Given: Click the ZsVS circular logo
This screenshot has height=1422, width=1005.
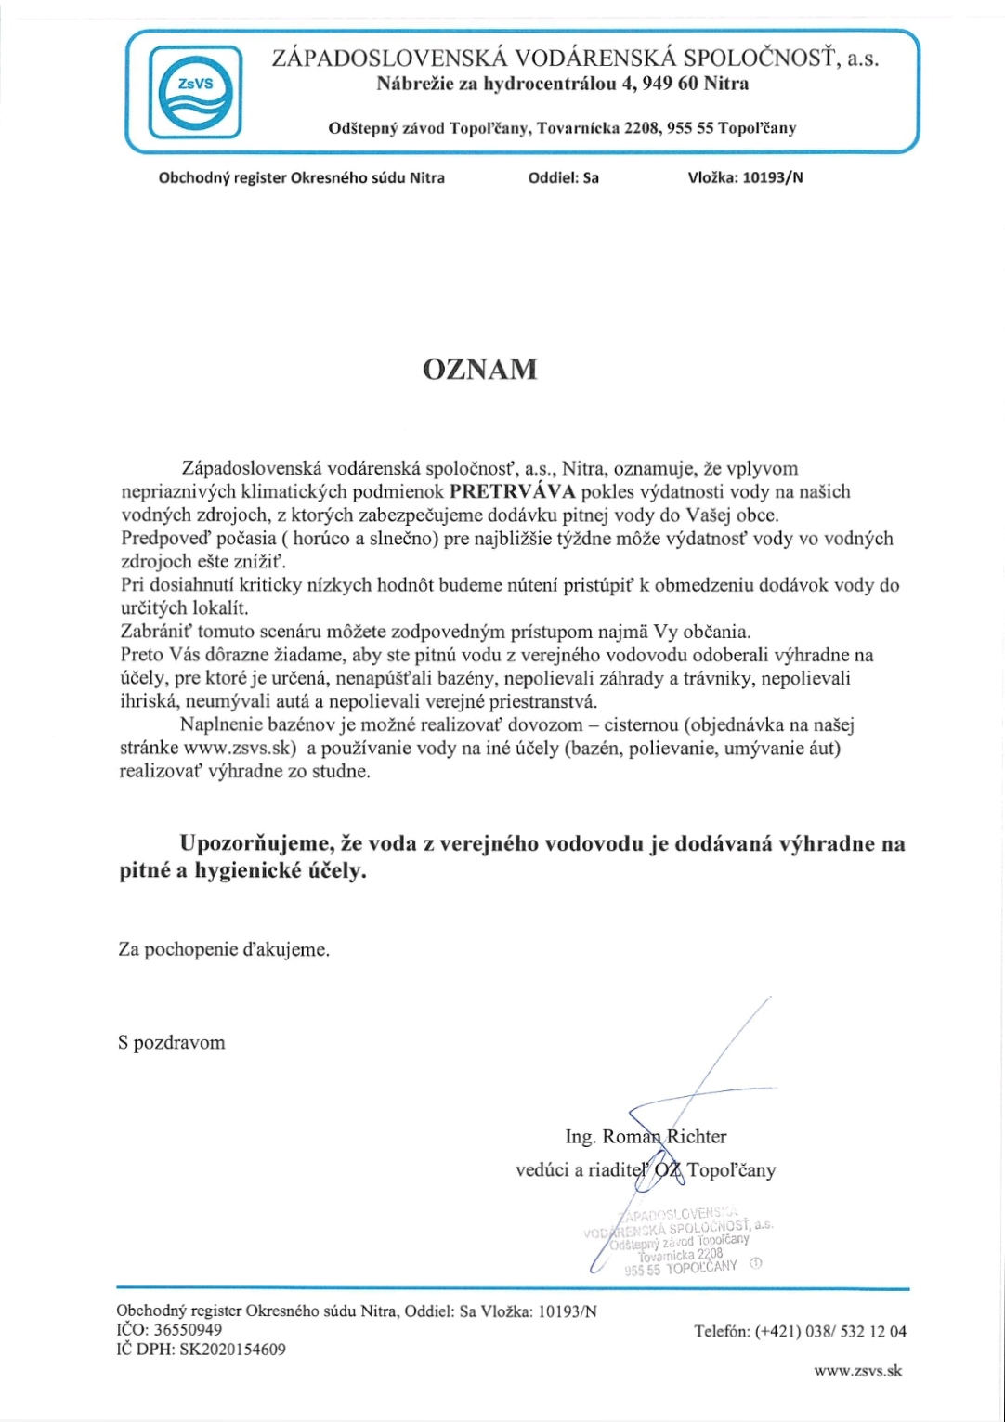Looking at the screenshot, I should [x=195, y=90].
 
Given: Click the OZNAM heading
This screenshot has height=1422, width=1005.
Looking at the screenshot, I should [x=479, y=369].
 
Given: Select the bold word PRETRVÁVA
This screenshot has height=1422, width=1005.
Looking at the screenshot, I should [x=511, y=491].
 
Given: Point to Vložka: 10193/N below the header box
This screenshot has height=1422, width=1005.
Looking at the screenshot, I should [x=745, y=177].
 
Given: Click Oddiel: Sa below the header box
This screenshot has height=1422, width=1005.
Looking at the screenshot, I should [x=563, y=177].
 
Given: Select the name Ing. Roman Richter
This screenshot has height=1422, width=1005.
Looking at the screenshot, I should [x=646, y=1136].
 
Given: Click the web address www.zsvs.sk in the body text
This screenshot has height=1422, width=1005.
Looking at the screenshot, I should [x=240, y=749].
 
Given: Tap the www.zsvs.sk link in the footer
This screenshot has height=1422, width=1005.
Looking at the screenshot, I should [x=857, y=1370].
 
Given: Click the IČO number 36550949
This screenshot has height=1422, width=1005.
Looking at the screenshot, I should [x=188, y=1330].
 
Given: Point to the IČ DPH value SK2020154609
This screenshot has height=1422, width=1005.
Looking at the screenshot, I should [x=232, y=1350].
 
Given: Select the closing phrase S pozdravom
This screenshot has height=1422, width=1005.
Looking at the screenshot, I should [x=172, y=1042].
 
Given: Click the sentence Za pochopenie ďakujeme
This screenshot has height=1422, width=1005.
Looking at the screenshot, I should [x=224, y=950].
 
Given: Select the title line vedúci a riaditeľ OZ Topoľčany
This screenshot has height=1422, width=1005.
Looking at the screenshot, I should [x=646, y=1170].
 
